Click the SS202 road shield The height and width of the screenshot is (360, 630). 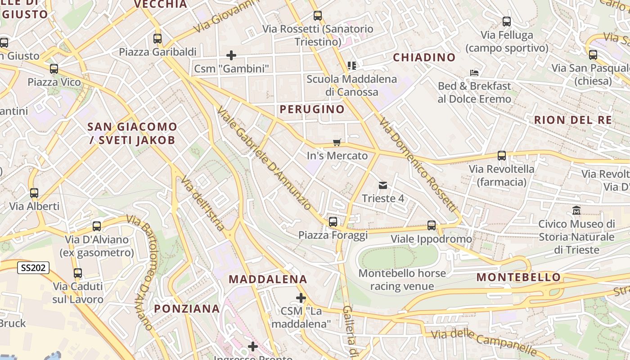[x=33, y=268]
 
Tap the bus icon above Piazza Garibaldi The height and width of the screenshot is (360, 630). [x=157, y=39]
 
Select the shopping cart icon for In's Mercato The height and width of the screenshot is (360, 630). [x=337, y=143]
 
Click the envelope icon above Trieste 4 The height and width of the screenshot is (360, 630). [x=383, y=185]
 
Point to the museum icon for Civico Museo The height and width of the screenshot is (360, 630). [x=576, y=210]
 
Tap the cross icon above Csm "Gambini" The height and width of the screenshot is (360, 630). [x=231, y=55]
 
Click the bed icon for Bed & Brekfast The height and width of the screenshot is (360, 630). [x=474, y=72]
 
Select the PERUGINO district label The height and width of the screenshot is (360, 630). [x=312, y=109]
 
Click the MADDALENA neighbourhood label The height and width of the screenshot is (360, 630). [x=268, y=279]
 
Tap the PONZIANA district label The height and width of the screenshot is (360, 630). [x=187, y=309]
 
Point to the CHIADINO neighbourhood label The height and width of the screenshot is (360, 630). [x=424, y=57]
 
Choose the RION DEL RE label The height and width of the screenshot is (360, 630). [x=573, y=120]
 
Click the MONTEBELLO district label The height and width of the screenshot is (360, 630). [x=519, y=277]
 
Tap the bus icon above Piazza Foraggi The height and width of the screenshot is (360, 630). [x=333, y=221]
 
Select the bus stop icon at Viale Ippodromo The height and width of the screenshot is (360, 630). [x=432, y=225]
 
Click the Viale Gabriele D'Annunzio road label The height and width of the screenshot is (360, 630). [x=264, y=158]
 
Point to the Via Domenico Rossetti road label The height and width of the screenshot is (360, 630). [x=418, y=165]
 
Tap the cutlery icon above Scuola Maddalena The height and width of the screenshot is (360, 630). [x=352, y=66]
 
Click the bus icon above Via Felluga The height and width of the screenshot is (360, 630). [x=507, y=21]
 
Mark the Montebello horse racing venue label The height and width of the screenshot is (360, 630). [x=402, y=279]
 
